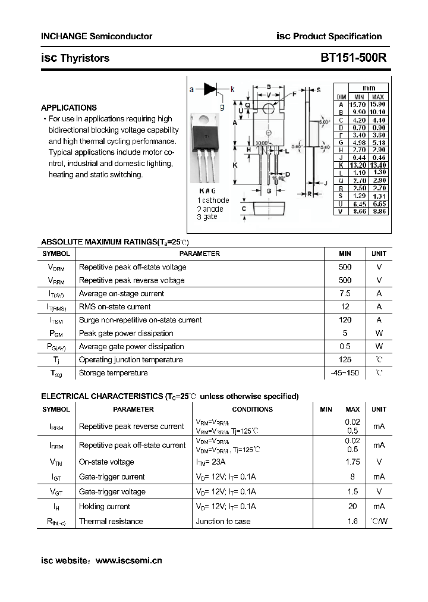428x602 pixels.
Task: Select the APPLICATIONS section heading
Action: tap(68, 108)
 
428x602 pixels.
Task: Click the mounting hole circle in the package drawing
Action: tap(268, 109)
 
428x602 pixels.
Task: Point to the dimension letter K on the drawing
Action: tap(235, 165)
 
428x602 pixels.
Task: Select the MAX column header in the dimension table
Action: tap(378, 97)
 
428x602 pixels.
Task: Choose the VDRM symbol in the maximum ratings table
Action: tap(56, 268)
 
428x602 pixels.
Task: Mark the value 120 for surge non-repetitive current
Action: tap(345, 320)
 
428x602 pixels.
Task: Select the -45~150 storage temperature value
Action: tap(345, 373)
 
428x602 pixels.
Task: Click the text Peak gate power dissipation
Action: tap(126, 333)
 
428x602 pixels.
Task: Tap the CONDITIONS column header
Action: tap(252, 409)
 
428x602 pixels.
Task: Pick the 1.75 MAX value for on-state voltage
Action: tap(353, 462)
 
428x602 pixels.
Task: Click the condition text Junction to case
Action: tap(223, 522)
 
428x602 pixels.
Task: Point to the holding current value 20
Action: tap(353, 507)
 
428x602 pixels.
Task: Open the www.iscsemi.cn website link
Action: tap(128, 560)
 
